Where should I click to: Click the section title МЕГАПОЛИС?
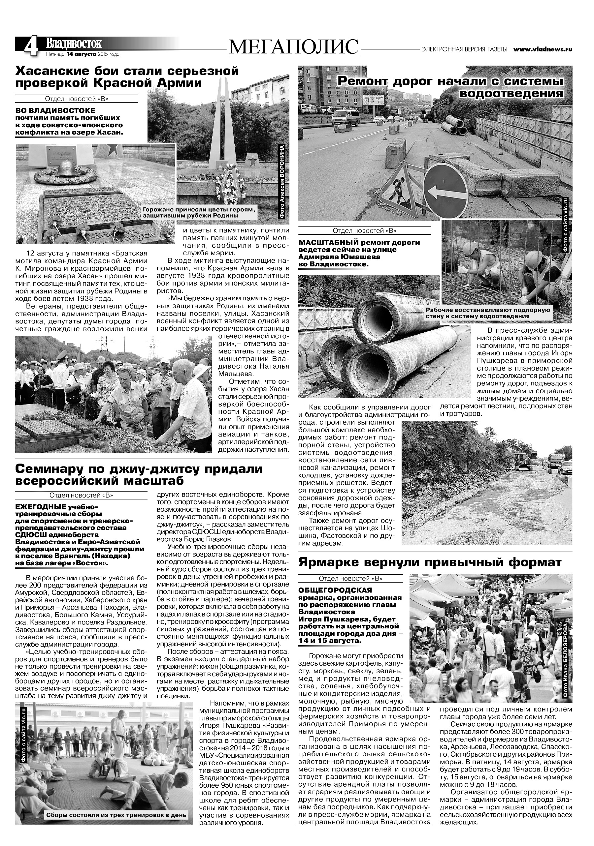pos(293,47)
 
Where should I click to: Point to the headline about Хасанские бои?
pos(127,76)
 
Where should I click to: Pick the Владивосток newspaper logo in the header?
pos(73,43)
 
